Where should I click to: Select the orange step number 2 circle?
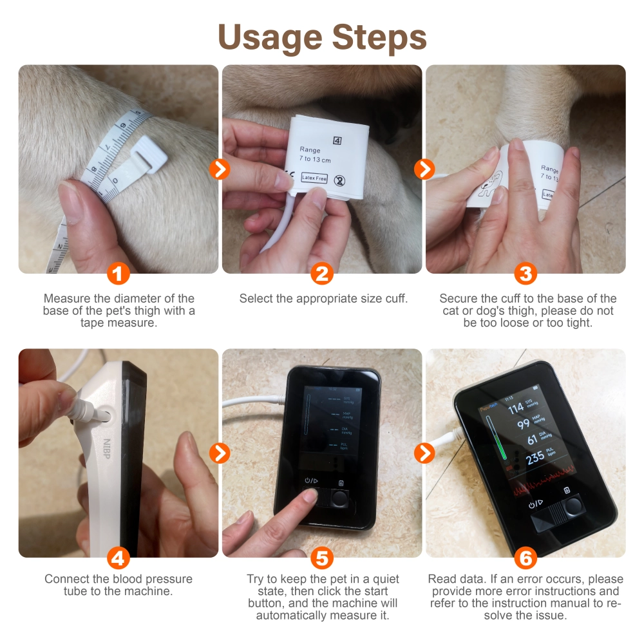click(321, 274)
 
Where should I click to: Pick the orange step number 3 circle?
click(526, 274)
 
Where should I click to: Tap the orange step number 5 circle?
click(321, 558)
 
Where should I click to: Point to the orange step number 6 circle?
click(526, 558)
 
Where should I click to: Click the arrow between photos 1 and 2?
click(220, 169)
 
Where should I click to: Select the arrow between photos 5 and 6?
click(424, 453)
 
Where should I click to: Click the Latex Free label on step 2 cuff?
click(314, 178)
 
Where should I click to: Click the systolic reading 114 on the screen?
click(516, 408)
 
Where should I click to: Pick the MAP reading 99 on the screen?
click(524, 423)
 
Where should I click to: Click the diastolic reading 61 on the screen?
click(531, 440)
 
